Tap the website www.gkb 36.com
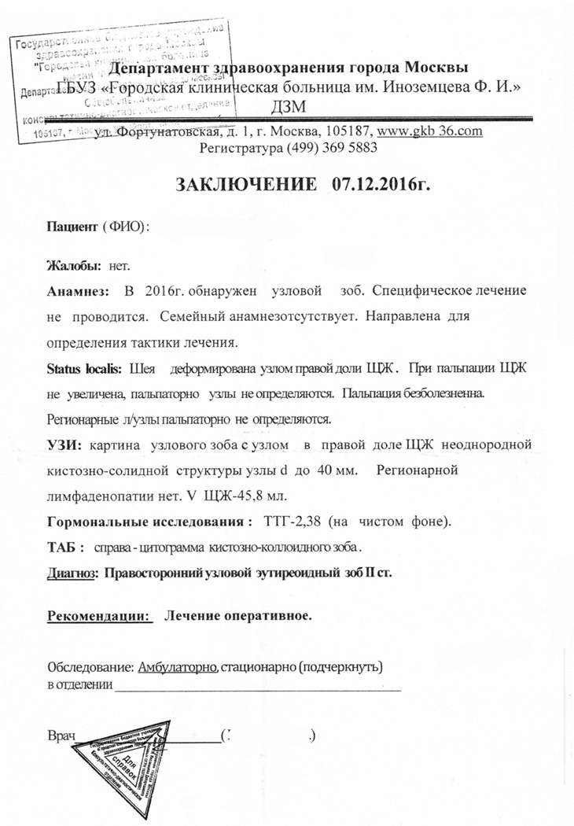pyautogui.click(x=430, y=131)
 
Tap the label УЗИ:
pyautogui.click(x=65, y=445)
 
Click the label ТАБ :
pyautogui.click(x=66, y=548)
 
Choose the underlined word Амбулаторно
pyautogui.click(x=178, y=669)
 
